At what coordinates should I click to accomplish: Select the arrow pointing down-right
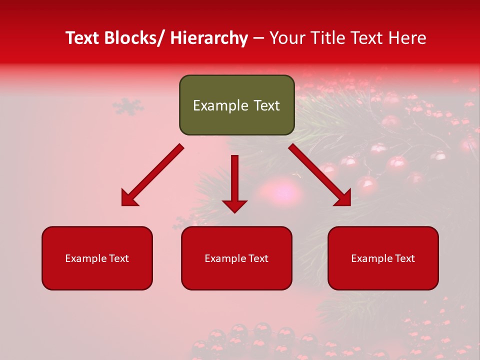(x=320, y=175)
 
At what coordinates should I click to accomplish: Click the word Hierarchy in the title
(x=209, y=38)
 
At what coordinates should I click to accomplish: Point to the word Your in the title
(x=287, y=38)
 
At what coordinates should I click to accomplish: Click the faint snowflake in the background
(x=127, y=106)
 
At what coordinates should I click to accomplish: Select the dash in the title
(x=258, y=38)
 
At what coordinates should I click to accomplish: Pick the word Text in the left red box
(x=118, y=258)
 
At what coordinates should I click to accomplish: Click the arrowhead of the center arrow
(x=234, y=205)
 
